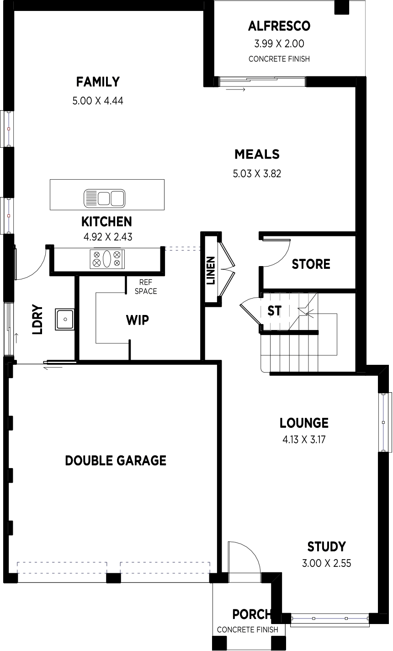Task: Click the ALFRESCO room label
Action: pos(279,26)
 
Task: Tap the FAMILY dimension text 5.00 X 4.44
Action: pos(98,101)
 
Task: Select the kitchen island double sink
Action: pos(105,198)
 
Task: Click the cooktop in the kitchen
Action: pos(107,259)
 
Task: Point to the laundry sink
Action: pos(64,319)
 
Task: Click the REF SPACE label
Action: pos(146,287)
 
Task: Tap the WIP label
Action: pos(138,320)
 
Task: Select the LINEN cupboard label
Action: pos(211,271)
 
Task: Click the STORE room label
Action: pos(311,264)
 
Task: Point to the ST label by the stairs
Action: pos(274,311)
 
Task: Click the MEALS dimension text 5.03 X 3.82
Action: pos(257,174)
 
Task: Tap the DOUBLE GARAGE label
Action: pos(116,461)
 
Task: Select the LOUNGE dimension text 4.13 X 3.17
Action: pos(304,439)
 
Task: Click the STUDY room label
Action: pos(326,547)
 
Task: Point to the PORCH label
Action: pos(251,614)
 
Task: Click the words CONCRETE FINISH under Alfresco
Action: pos(279,59)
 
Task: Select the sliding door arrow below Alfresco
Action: pos(235,90)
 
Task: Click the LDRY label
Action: pos(37,320)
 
